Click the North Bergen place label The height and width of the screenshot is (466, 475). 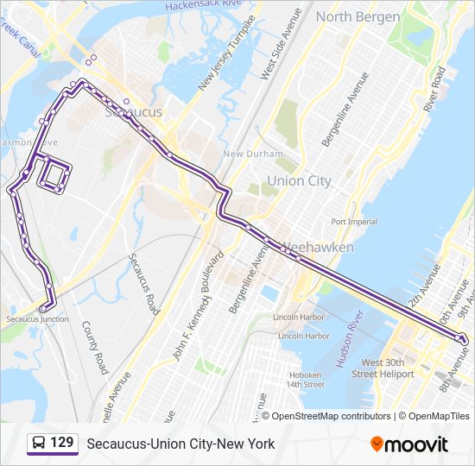(x=358, y=17)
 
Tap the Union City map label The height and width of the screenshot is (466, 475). (x=299, y=181)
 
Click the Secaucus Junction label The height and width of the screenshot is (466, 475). (x=37, y=319)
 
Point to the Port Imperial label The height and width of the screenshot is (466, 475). (x=353, y=222)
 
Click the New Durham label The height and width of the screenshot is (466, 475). (x=252, y=154)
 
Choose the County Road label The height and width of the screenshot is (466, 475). (x=95, y=348)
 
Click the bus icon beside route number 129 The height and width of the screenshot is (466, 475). (x=38, y=444)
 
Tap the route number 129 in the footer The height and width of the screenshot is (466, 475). (x=61, y=444)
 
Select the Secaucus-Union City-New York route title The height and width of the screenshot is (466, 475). (x=180, y=444)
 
